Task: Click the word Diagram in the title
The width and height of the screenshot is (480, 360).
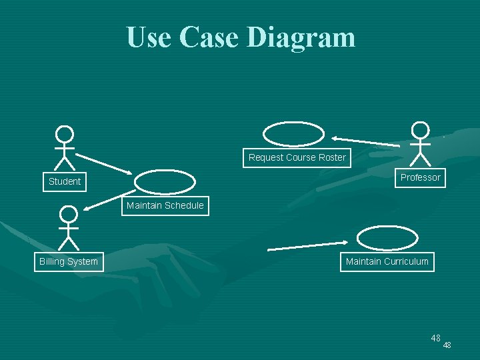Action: [301, 37]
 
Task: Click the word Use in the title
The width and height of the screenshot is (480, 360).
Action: [143, 37]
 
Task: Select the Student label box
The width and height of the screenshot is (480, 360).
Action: [65, 181]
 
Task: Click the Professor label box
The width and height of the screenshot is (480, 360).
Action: [420, 177]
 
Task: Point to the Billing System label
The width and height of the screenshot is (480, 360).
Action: [69, 261]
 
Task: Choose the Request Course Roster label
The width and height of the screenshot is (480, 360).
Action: [297, 157]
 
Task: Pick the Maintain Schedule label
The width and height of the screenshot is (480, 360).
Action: [165, 205]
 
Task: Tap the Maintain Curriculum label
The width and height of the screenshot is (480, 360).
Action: [387, 261]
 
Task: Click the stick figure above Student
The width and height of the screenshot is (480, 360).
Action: [64, 147]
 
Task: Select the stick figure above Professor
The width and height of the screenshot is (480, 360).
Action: [420, 143]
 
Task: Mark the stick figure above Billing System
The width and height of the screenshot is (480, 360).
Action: [68, 227]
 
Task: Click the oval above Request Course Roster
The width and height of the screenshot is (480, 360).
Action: [293, 133]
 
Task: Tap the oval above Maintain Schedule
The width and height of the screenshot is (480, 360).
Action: [165, 182]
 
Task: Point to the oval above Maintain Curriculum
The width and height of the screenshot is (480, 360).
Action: [387, 237]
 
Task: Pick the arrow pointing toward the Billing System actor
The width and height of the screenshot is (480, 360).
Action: [110, 200]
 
